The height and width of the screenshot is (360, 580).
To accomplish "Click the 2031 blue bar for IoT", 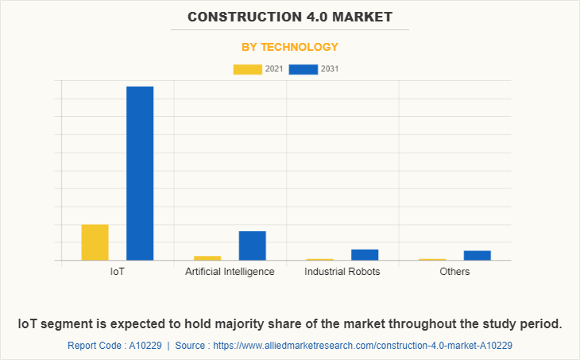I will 140,173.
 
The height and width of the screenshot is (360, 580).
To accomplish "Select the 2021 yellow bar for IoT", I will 95,242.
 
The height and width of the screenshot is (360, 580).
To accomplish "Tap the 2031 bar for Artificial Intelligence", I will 252,246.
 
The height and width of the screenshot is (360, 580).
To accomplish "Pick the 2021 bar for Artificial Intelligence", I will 207,257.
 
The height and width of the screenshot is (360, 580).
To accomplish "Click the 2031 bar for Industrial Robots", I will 365,254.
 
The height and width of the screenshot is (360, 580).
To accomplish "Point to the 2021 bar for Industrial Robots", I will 319,259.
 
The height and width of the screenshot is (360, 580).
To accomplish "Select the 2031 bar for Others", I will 478,255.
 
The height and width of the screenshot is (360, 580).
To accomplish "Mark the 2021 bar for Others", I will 432,259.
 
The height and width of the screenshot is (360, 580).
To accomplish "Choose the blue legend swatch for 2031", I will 304,69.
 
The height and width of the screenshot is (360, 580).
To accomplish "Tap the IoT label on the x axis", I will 118,272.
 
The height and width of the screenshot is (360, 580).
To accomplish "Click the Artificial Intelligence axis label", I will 230,272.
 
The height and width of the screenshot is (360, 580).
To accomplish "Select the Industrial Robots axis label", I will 342,272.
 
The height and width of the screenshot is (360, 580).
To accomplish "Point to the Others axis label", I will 454,272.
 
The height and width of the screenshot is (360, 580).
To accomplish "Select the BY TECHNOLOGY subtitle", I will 290,47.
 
